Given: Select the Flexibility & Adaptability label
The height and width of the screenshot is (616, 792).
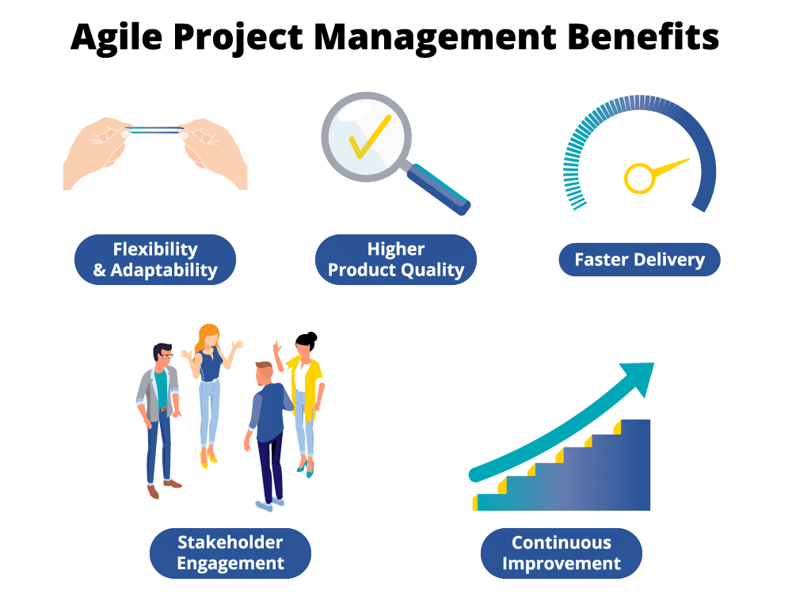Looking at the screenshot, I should [155, 260].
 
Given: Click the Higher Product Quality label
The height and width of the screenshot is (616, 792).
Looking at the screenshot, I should [396, 260].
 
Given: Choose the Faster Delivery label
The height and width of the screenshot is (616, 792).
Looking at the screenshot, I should [639, 260].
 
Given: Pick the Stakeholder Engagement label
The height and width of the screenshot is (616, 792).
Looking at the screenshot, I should [230, 553].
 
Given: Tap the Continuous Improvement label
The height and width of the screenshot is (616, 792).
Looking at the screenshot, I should [562, 553].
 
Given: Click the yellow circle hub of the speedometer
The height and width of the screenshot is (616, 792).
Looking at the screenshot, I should [639, 177].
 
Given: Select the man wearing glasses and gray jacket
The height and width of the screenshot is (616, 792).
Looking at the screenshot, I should [159, 412].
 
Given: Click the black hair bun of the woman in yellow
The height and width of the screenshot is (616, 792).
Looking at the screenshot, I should [311, 337].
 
